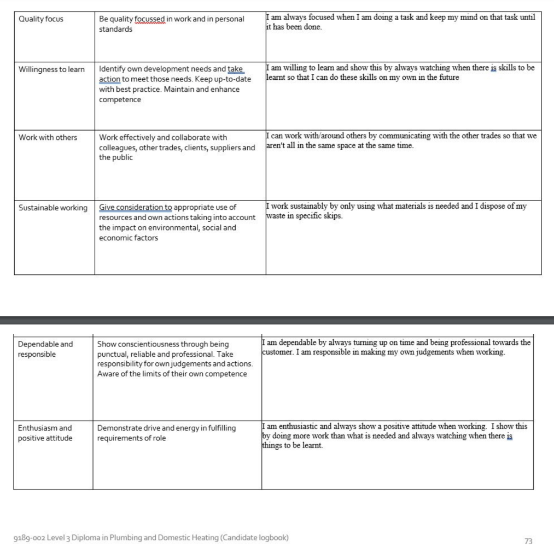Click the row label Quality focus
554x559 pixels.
click(x=41, y=19)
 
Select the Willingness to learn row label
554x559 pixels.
click(x=51, y=69)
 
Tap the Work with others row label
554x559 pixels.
click(x=48, y=137)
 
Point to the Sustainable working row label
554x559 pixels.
click(x=53, y=208)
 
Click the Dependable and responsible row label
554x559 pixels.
click(x=45, y=349)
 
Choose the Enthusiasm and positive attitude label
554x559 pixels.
click(x=45, y=433)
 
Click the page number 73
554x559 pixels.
click(x=528, y=541)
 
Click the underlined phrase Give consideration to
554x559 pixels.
click(x=136, y=208)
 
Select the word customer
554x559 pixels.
click(x=279, y=352)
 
